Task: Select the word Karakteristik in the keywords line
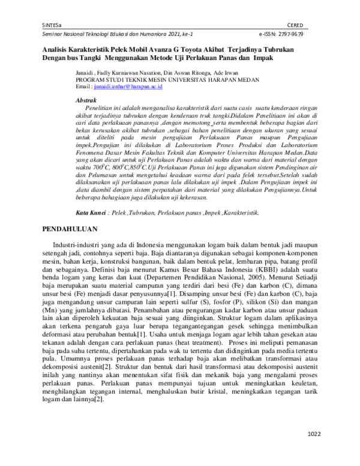[241, 163]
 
